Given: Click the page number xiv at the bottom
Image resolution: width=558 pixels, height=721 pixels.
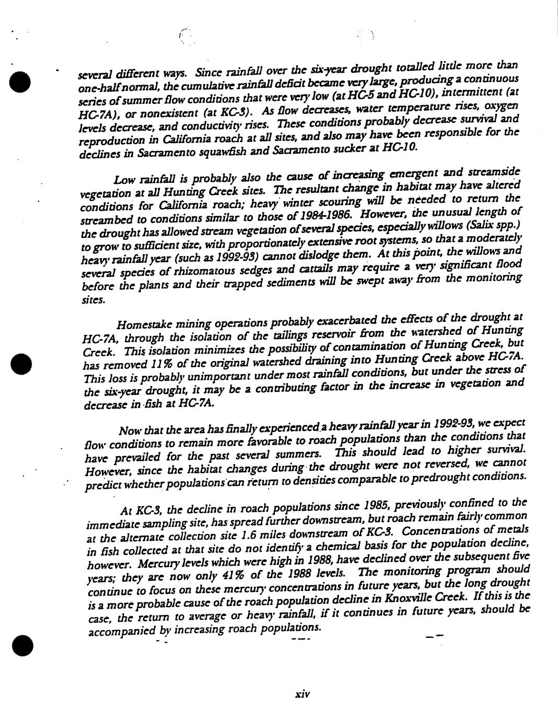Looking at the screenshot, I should (x=303, y=694).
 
